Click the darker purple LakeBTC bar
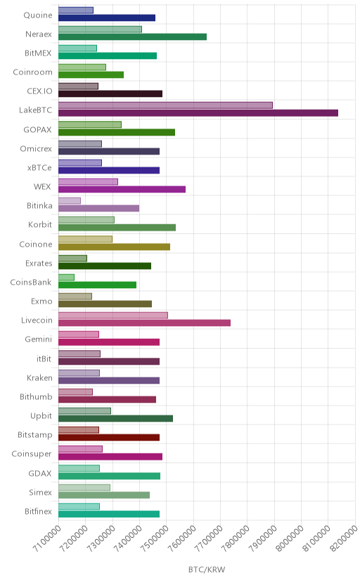click(198, 113)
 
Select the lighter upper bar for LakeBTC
click(165, 105)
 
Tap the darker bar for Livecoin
click(144, 323)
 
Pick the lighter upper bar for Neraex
click(101, 30)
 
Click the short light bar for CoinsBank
click(66, 277)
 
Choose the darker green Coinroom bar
click(91, 75)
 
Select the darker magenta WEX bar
click(122, 189)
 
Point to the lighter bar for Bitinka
click(70, 201)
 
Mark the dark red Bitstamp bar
click(109, 437)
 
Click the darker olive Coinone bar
click(115, 247)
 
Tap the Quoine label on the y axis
click(38, 15)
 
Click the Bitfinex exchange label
click(38, 511)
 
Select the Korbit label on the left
click(40, 224)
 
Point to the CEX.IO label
click(39, 91)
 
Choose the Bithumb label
click(36, 396)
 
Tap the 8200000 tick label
click(344, 539)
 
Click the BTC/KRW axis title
click(207, 570)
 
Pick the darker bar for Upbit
click(116, 418)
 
